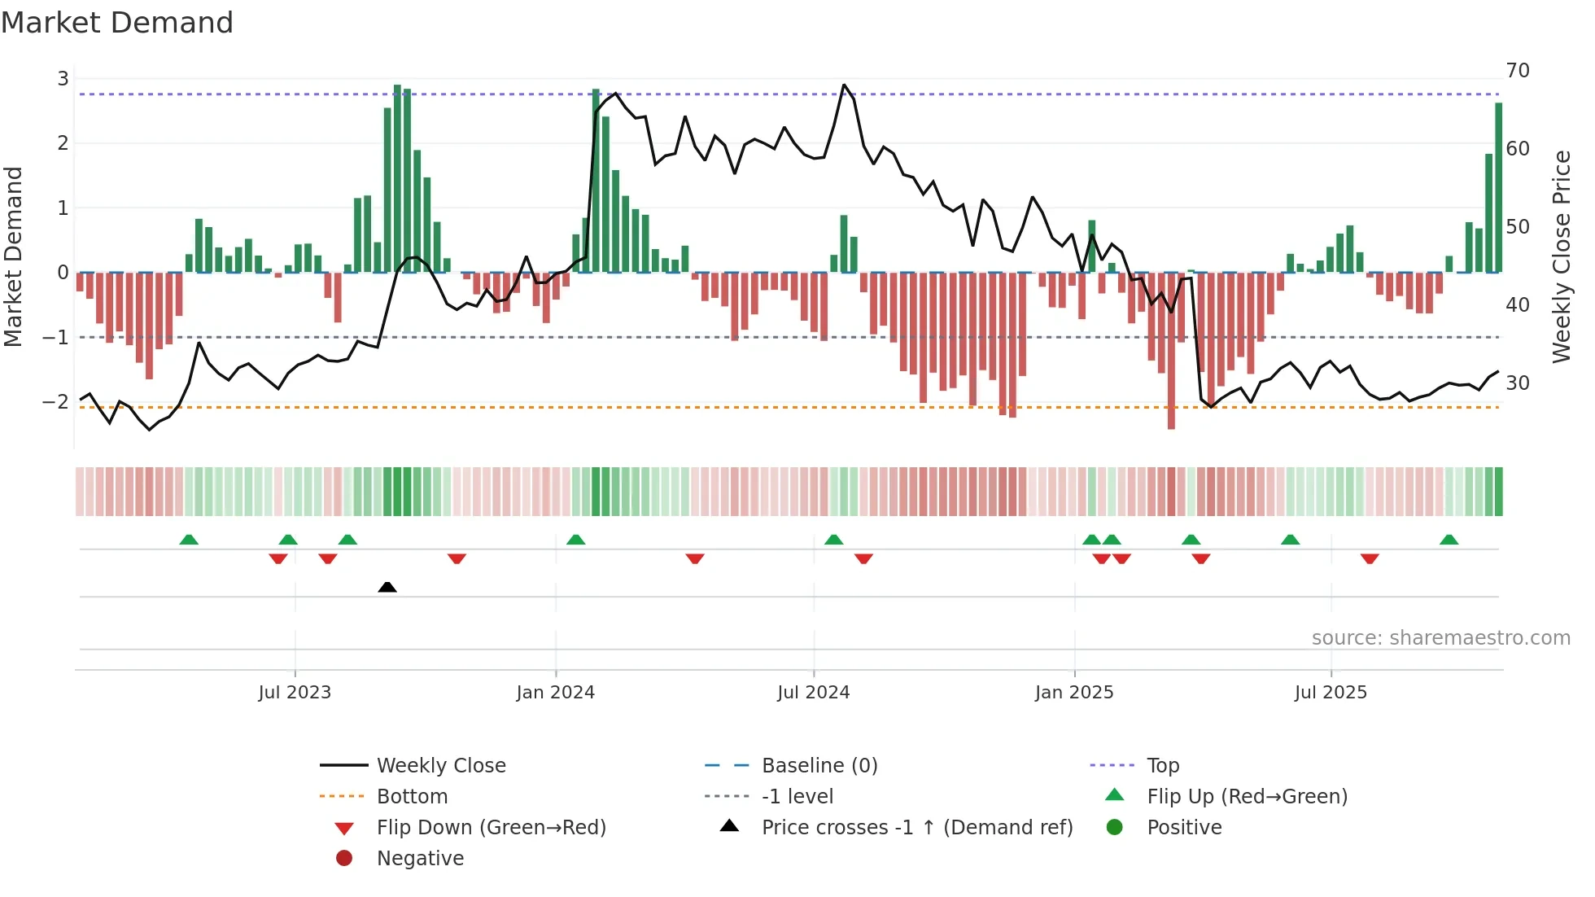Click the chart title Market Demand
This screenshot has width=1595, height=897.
117,23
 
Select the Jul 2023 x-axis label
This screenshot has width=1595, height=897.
295,693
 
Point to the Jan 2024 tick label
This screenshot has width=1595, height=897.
555,693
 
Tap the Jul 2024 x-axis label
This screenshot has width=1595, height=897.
813,693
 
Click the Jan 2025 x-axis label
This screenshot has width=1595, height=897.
1074,693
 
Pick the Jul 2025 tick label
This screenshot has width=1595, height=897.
1331,693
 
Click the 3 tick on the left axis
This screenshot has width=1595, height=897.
63,79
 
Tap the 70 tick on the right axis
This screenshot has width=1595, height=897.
1518,71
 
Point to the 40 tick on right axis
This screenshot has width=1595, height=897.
1518,305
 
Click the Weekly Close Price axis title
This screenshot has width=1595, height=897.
1561,256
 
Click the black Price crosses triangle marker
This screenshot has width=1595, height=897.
387,587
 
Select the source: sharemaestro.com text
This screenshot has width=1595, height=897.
1440,638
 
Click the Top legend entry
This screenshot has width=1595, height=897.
1162,766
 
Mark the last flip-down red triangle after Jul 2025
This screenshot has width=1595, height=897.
1370,558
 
